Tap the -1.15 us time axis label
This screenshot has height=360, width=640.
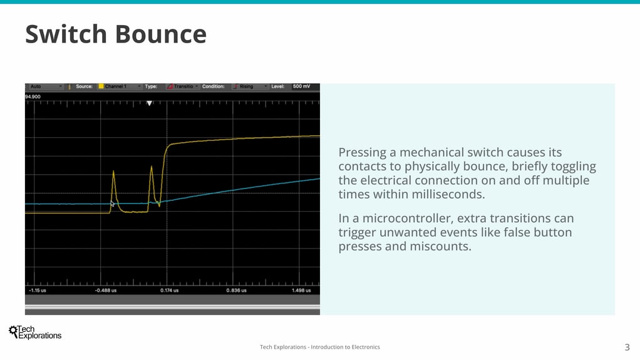tap(38, 291)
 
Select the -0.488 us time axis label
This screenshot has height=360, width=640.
tap(106, 291)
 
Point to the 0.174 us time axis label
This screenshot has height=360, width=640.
tap(169, 291)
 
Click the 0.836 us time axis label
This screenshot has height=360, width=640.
tap(236, 291)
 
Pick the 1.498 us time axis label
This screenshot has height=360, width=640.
tap(301, 291)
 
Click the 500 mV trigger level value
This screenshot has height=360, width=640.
tap(302, 86)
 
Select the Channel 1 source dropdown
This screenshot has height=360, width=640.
tap(120, 86)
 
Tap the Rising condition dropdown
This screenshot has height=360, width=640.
tap(250, 86)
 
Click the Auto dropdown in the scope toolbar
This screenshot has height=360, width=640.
tap(45, 86)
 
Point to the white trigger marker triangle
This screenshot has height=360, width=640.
tap(150, 103)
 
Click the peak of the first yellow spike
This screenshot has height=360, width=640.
tap(113, 171)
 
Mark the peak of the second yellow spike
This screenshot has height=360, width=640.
tap(152, 166)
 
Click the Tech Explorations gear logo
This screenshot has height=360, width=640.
tap(13, 331)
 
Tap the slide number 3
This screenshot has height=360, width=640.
tap(627, 347)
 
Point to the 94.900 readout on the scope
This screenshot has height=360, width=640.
tap(33, 97)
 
